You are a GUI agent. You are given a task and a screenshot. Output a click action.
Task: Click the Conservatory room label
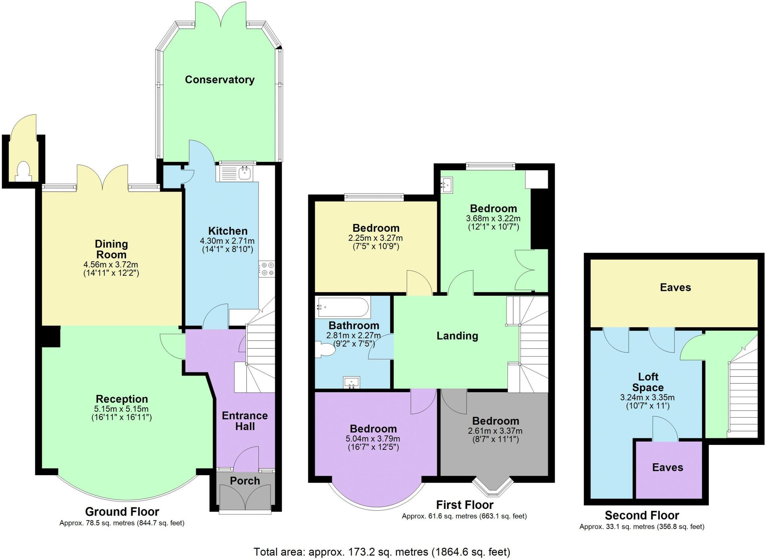tap(220, 80)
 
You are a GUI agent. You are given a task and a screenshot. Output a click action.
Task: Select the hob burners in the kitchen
tap(267, 269)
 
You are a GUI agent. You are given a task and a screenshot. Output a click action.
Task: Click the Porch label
tap(245, 481)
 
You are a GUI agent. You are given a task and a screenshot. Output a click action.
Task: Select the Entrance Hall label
tap(245, 421)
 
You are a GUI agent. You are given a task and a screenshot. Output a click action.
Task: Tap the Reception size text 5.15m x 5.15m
tap(122, 409)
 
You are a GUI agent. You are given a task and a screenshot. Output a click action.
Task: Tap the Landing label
tap(457, 336)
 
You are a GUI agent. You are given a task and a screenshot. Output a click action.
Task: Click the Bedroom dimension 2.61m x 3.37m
tap(495, 431)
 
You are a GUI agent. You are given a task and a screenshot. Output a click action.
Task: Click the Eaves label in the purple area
tap(668, 467)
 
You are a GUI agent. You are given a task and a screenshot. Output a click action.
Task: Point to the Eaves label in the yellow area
tap(675, 288)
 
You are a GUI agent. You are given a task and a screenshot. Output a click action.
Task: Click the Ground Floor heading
tap(122, 512)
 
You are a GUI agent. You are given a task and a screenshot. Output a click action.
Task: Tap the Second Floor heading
tap(641, 515)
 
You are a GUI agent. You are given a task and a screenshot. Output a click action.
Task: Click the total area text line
tap(382, 552)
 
